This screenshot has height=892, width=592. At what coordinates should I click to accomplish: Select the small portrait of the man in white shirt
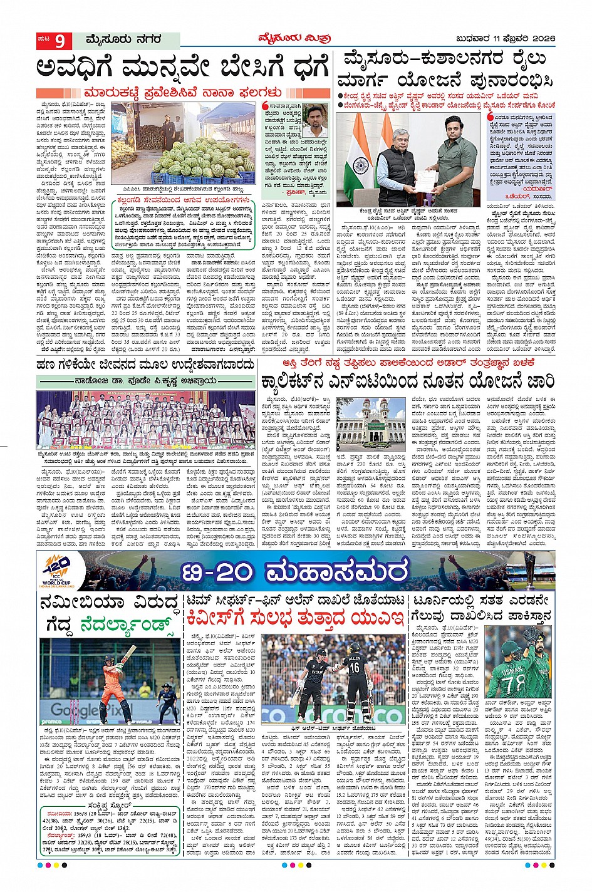tap(314, 121)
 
